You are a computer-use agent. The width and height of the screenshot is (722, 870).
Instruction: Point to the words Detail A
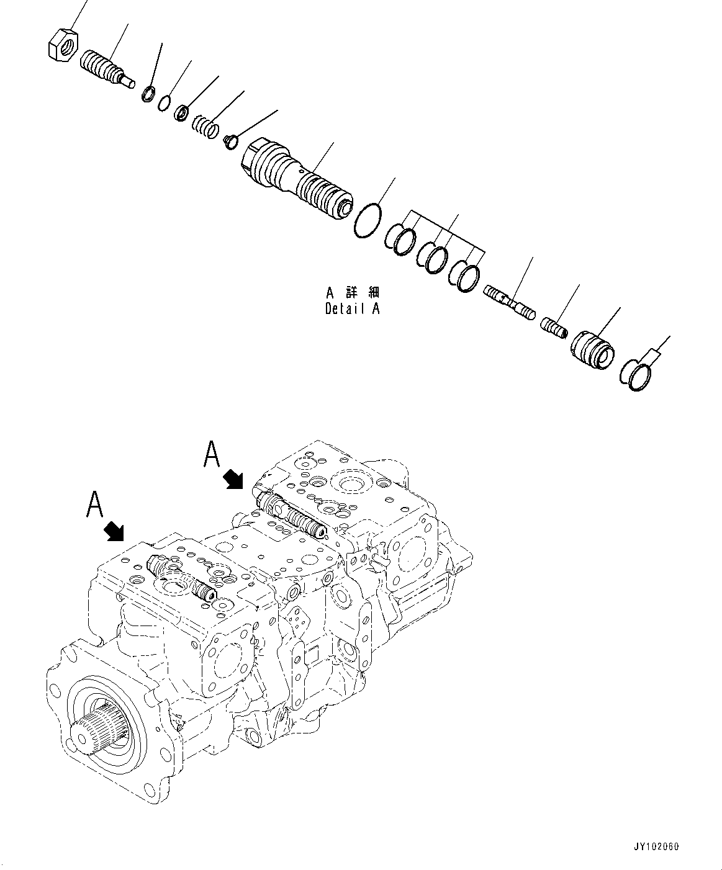coord(352,308)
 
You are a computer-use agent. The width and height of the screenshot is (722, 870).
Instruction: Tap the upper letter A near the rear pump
coord(212,455)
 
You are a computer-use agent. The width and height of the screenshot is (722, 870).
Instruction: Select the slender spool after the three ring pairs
coord(509,301)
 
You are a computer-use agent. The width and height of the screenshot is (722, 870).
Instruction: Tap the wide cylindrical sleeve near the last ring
coord(592,348)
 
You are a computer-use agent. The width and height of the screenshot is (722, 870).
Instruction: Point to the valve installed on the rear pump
coord(291,513)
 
